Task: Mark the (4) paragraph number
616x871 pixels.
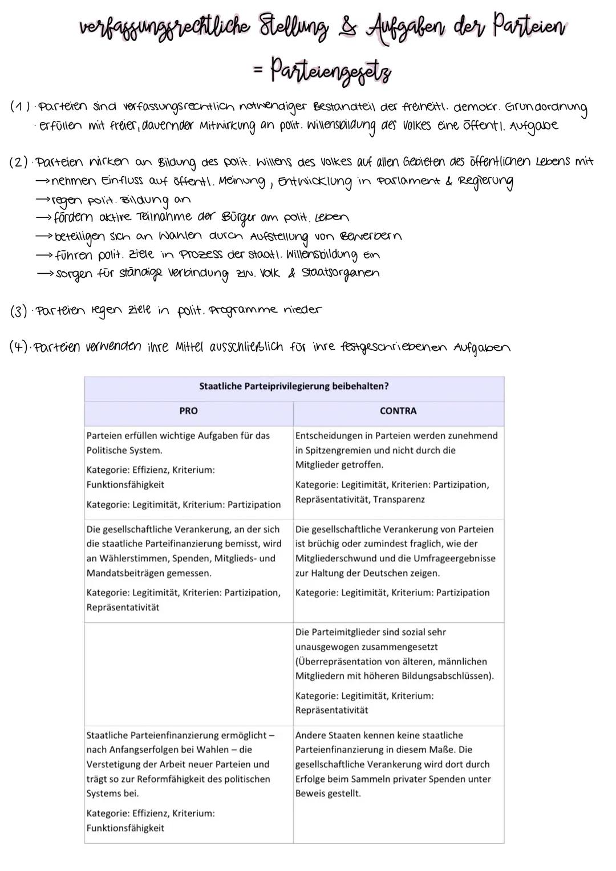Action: pos(21,347)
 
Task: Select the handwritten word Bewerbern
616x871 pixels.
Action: pos(370,236)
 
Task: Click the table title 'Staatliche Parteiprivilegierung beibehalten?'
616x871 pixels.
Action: pos(294,386)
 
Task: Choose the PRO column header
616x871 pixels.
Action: pos(188,411)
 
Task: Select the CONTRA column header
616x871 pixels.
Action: pos(398,411)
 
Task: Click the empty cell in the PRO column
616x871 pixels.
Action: pos(188,673)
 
